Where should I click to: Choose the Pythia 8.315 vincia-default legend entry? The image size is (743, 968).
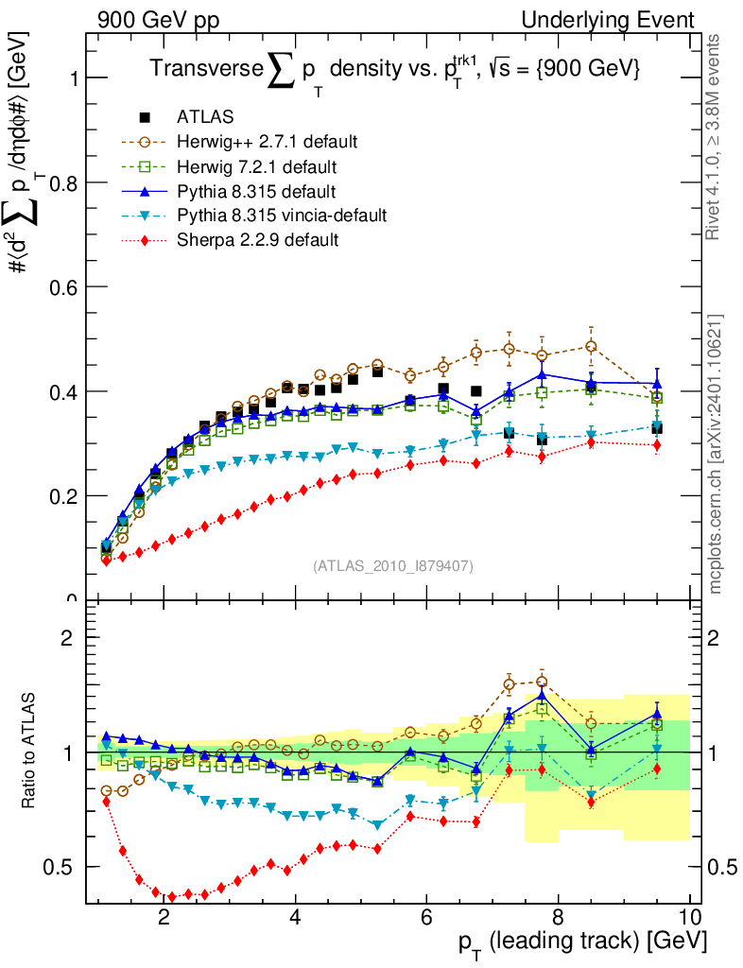point(282,216)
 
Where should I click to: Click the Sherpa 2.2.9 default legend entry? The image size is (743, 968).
point(258,240)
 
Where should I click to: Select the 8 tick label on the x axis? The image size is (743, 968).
point(558,918)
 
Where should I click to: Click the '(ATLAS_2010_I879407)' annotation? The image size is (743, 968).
point(393,566)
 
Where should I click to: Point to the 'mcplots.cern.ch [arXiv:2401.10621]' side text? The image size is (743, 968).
point(717,454)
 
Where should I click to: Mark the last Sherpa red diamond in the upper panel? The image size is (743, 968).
point(657,445)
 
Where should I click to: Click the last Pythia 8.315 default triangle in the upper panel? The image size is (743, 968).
point(657,383)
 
